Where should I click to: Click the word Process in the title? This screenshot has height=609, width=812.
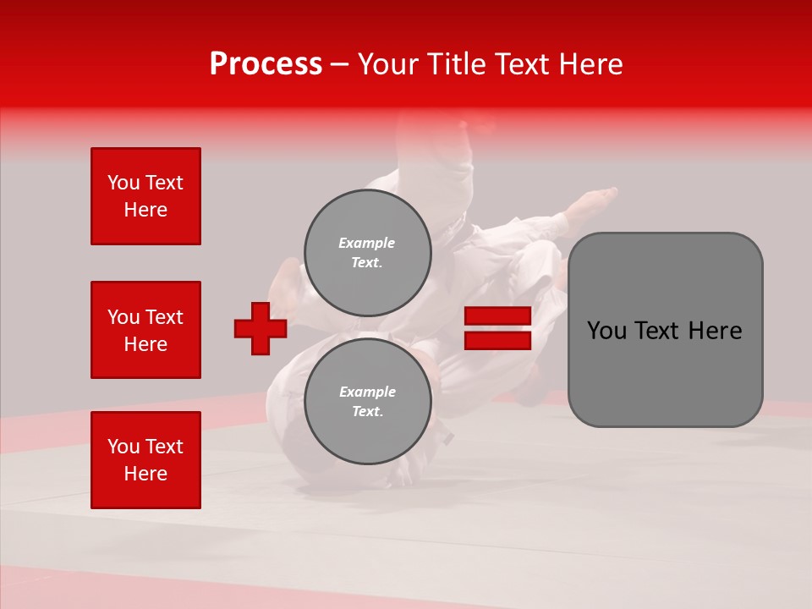coord(266,64)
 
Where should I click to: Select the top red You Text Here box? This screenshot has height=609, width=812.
coord(145,196)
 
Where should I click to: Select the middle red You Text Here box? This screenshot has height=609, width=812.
coord(145,330)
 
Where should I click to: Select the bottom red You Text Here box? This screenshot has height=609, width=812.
coord(145,460)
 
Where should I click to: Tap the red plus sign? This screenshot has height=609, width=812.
coord(261,328)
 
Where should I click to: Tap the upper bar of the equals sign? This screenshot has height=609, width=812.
coord(497,316)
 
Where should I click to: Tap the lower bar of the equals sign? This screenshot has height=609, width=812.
coord(497,341)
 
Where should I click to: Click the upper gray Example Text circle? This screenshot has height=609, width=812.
coord(368,252)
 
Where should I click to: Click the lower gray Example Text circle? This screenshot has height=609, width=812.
coord(368,401)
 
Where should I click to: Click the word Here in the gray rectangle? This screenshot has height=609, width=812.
coord(716,331)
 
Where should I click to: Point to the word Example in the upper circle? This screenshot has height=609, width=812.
coord(366,243)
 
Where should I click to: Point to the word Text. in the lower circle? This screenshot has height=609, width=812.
coord(366,411)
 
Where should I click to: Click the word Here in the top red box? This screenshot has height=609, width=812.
coord(145,210)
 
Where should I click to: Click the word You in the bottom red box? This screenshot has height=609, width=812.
coord(123,447)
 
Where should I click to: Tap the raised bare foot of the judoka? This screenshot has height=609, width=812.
coord(597,200)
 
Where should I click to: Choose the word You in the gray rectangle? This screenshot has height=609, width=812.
coord(606,331)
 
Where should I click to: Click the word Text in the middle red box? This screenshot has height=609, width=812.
coord(164,317)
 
